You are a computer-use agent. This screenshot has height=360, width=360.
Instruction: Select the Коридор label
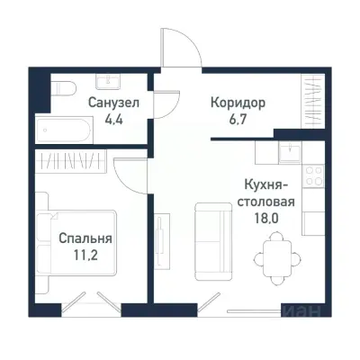[x=239, y=103]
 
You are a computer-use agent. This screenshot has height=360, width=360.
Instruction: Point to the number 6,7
[x=239, y=117]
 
